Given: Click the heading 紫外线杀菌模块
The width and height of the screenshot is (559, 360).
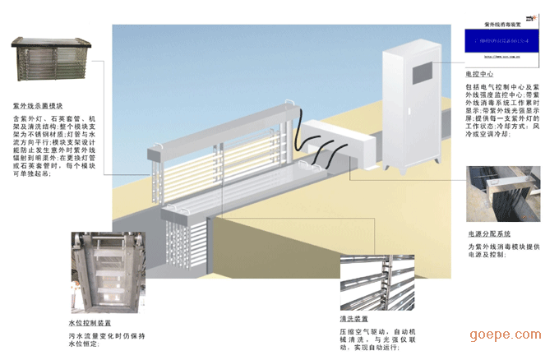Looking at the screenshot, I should click(38, 106).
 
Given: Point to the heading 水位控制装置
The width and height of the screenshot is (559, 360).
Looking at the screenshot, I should click(89, 324).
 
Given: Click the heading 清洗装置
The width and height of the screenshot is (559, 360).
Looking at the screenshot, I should click(353, 317).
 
